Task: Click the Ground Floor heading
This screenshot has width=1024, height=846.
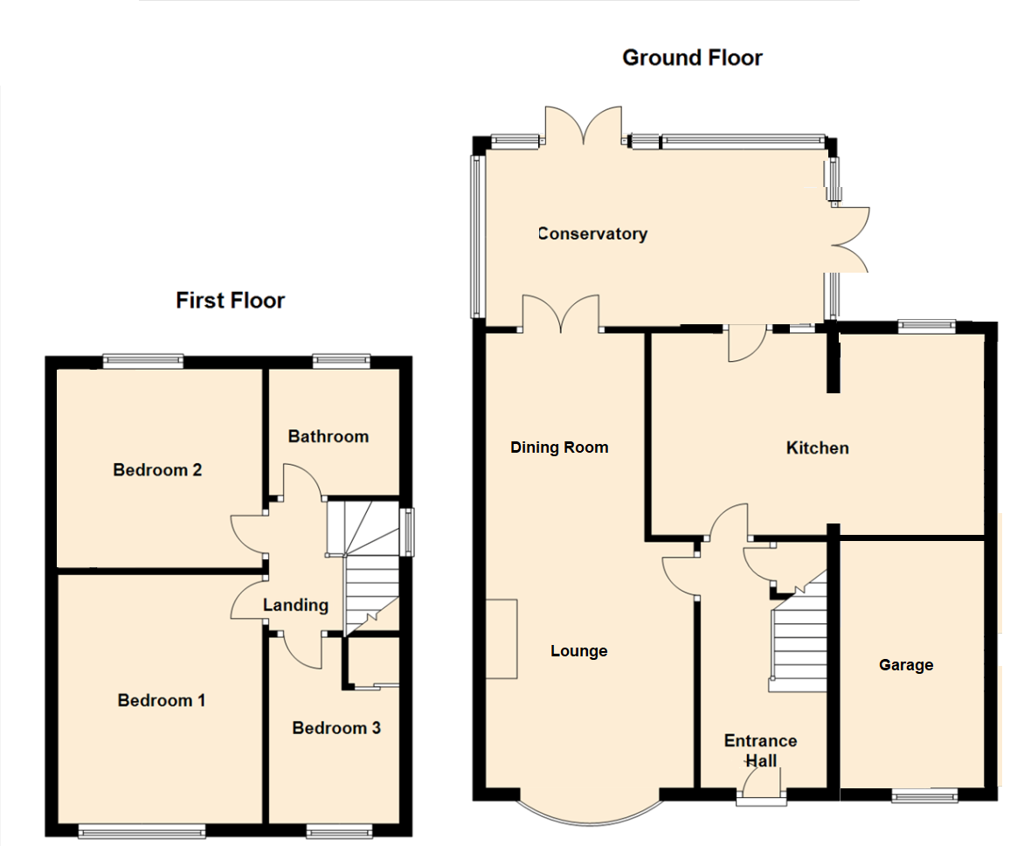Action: point(692,59)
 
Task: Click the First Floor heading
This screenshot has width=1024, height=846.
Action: point(231,301)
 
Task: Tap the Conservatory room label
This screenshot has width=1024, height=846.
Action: point(593,233)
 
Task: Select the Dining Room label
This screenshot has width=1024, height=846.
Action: point(559,447)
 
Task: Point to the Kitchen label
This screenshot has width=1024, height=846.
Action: point(818,448)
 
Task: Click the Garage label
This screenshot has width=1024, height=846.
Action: point(906,665)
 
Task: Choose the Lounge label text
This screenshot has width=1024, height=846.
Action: point(579,651)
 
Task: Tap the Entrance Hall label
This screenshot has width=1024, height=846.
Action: point(760,751)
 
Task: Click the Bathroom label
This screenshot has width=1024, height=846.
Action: point(329,436)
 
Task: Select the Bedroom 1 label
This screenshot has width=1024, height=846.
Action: point(162,700)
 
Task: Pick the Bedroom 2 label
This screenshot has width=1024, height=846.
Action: point(158,470)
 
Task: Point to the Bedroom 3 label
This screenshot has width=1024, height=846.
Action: point(336,728)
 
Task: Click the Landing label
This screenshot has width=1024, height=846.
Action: point(296,605)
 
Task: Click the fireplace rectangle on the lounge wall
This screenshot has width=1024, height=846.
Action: point(502,638)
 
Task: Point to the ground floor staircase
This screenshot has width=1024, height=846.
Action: point(799,638)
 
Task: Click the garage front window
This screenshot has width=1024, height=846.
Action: point(924,796)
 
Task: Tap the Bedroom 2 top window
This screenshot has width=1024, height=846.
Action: point(143,358)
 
